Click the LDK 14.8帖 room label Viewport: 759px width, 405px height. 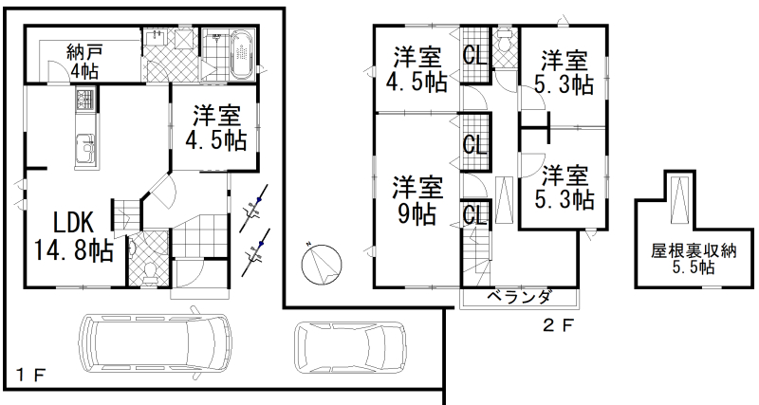click(74, 236)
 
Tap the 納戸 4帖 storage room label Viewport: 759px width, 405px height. click(84, 62)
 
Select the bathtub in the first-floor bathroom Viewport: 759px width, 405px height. click(241, 54)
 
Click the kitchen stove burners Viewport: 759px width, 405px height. click(85, 101)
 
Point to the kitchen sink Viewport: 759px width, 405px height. click(86, 148)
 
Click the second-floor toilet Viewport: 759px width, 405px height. click(505, 41)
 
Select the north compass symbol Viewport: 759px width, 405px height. click(322, 265)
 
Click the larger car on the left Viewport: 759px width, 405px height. click(156, 344)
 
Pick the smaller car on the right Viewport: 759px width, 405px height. click(351, 348)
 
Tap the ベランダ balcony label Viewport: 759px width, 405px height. click(518, 296)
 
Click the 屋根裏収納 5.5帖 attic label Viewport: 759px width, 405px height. click(694, 259)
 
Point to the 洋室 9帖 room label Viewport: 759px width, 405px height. click(417, 200)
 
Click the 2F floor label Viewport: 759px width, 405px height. click(558, 325)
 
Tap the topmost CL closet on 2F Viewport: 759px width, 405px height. click(475, 55)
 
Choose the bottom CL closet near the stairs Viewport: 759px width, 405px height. click(475, 215)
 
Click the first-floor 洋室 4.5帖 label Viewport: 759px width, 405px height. click(216, 127)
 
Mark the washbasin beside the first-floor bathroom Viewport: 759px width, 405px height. click(156, 37)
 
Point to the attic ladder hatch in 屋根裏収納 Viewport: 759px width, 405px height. click(680, 199)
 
